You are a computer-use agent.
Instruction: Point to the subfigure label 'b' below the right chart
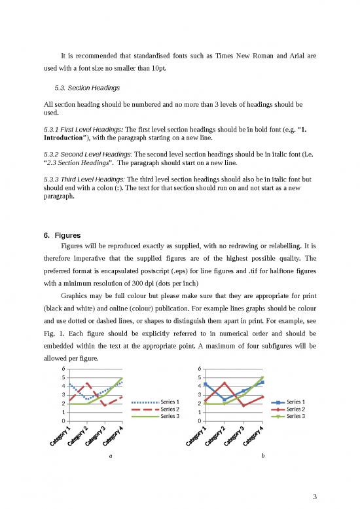point(263,455)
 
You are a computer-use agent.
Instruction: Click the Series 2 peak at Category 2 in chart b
point(225,383)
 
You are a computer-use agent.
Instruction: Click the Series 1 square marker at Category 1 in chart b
point(206,384)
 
